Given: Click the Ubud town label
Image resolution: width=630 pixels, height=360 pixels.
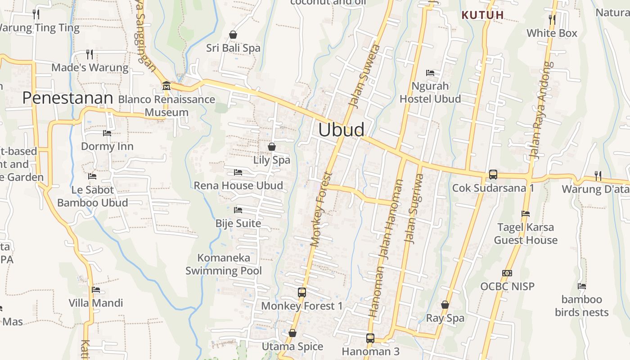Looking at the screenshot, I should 341,130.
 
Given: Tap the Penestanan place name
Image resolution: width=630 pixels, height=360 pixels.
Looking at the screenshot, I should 67,98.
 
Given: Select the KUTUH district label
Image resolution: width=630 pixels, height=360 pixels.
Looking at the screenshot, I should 482,15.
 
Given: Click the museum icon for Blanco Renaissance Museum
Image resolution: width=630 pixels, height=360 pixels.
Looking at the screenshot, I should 166,85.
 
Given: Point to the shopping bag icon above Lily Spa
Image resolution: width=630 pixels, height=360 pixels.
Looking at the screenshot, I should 272,146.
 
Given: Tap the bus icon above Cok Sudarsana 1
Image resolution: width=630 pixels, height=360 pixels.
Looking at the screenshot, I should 493,174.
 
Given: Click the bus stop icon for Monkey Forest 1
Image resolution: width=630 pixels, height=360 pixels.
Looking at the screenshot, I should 302,292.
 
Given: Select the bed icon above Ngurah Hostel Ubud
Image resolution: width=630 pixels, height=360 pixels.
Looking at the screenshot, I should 430,72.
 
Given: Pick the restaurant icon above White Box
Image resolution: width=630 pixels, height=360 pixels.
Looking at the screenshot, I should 552,19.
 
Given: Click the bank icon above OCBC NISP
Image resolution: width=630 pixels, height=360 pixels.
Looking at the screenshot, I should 507,273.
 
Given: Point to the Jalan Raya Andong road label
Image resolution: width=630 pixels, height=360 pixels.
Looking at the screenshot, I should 540,110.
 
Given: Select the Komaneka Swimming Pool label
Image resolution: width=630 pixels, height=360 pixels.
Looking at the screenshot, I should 224,264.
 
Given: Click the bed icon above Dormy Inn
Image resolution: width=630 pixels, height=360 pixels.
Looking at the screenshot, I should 107,133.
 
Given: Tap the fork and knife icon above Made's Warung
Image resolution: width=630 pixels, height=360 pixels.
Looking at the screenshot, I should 90,54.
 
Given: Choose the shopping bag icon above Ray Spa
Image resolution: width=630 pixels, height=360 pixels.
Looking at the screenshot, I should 445,305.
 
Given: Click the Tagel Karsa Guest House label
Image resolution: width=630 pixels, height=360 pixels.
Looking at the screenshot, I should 526,234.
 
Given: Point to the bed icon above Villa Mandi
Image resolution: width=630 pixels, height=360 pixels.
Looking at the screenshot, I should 95,290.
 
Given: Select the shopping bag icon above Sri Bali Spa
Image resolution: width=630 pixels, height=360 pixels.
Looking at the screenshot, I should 233,35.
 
